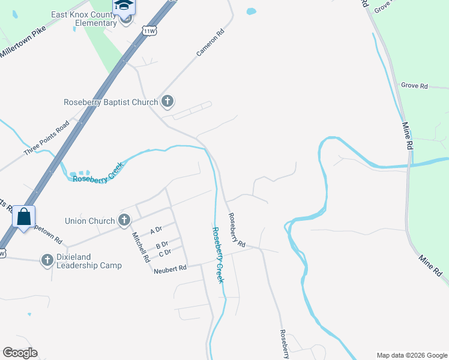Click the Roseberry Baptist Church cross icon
click(167, 102)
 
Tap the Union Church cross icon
click(124, 221)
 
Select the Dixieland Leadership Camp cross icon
click(47, 260)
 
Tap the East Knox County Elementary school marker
click(125, 7)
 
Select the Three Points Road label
click(46, 139)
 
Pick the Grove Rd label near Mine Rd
click(414, 86)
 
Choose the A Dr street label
click(156, 230)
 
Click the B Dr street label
click(161, 245)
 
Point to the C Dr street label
click(165, 253)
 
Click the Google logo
click(20, 353)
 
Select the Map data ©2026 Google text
click(411, 355)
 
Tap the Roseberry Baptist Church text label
click(110, 102)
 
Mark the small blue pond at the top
click(251, 11)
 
